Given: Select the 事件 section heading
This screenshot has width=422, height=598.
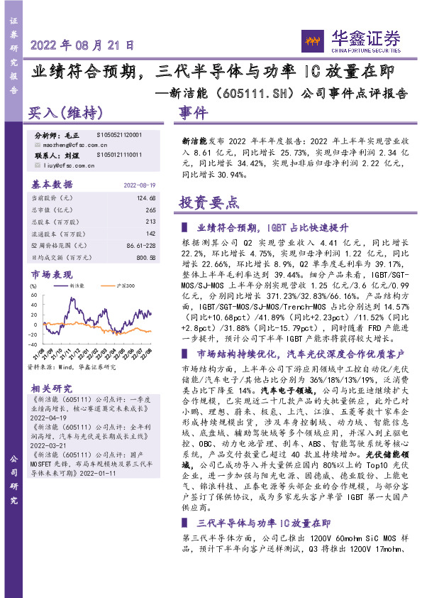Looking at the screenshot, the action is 193,112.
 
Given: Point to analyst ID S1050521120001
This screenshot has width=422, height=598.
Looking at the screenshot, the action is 119,134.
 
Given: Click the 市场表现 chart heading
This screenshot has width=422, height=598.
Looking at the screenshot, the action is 52,274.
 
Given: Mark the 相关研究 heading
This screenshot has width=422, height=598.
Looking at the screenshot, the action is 52,388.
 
